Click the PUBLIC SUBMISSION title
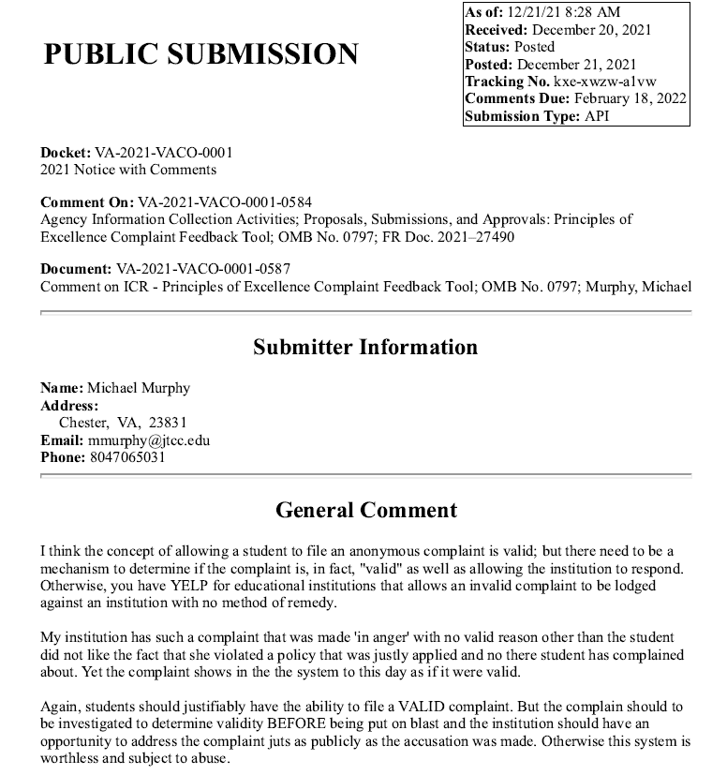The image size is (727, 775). (x=200, y=53)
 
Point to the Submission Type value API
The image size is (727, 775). (x=598, y=116)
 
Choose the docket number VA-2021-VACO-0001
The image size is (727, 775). (x=163, y=152)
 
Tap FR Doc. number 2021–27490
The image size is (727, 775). (x=476, y=236)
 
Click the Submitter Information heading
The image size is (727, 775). (x=365, y=347)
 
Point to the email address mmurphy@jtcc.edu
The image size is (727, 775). (x=149, y=440)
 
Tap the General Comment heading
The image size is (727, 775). (x=365, y=510)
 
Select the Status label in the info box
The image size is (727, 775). (x=487, y=47)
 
